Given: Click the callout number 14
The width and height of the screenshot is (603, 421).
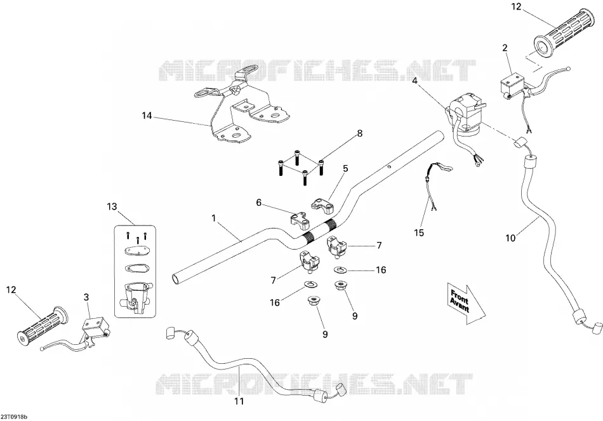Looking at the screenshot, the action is pos(147,115).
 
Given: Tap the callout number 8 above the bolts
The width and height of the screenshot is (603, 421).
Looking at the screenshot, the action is pos(359,133).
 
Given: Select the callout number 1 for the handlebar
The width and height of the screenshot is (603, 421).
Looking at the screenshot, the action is pos(213,218).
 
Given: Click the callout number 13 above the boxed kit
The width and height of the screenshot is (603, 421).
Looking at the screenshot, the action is pos(112,206).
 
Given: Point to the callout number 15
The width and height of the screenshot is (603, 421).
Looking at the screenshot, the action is pos(419,232).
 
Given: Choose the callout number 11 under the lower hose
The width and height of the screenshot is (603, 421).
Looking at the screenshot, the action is pos(239,401).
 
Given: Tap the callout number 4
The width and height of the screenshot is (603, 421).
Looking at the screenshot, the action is pos(414,81).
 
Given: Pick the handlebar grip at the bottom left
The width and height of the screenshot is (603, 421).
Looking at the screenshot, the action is pos(43,324).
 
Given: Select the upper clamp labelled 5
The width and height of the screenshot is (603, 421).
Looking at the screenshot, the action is pos(322,206).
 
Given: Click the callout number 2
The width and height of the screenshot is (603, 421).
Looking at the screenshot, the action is pos(505,48).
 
